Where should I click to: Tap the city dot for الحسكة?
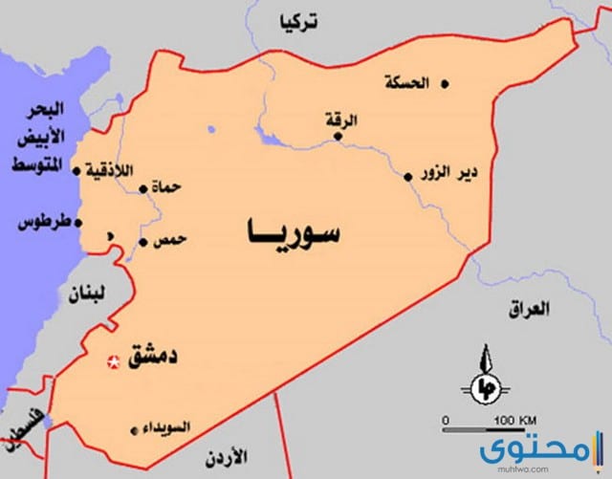pyautogui.click(x=446, y=83)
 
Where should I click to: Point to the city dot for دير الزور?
pyautogui.click(x=408, y=176)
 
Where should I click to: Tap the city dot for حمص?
pyautogui.click(x=142, y=242)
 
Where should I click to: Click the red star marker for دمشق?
pyautogui.click(x=113, y=361)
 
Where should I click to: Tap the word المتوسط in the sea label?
pyautogui.click(x=33, y=167)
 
